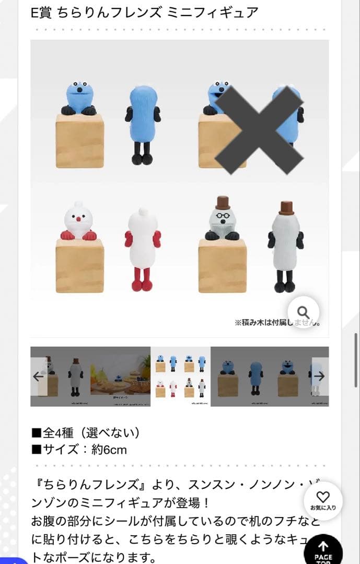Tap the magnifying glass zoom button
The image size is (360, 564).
coord(303,312)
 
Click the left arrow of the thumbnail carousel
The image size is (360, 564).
coord(38,376)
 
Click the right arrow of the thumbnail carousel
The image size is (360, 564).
coord(320,376)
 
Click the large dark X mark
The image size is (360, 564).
coord(259,131)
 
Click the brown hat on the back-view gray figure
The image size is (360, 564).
coord(285,207)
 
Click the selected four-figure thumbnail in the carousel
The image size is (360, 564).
coord(181,376)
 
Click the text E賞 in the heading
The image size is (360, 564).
coord(42,13)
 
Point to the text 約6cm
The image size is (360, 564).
coord(109,450)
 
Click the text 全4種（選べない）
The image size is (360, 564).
coord(86,433)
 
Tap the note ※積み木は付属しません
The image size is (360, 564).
coord(277,323)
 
